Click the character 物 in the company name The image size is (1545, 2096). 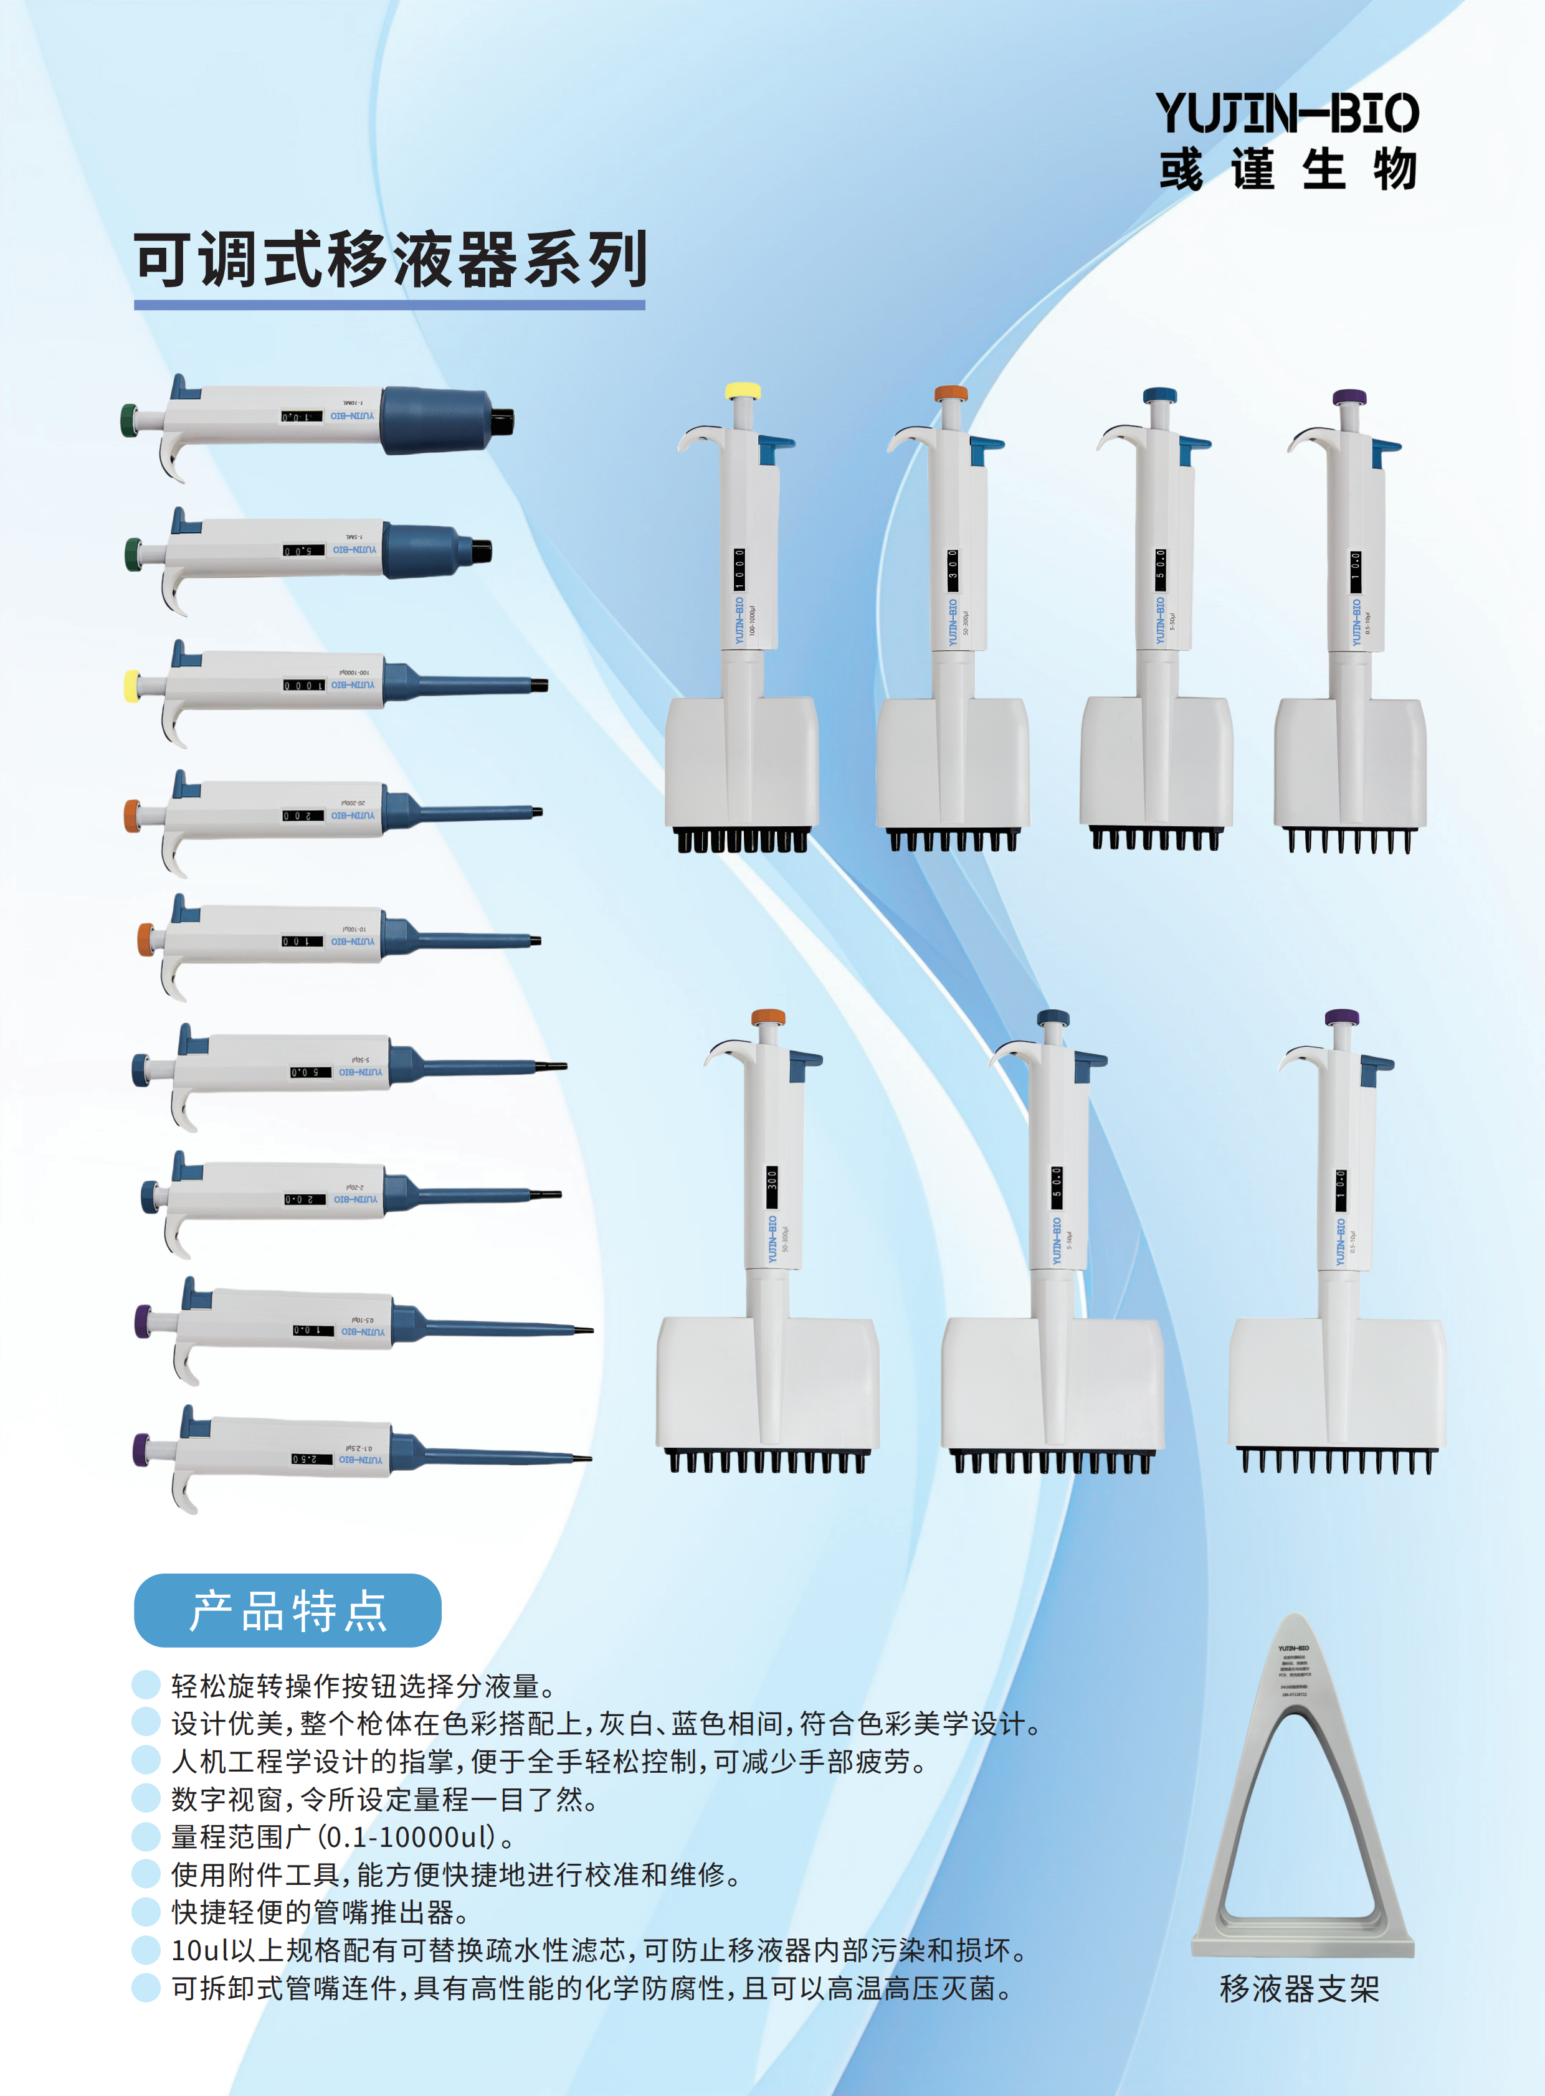tap(1394, 170)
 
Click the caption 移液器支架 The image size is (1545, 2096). tap(1299, 1988)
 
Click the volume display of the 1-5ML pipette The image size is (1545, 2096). tap(304, 550)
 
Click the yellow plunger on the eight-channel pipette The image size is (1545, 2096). tap(743, 391)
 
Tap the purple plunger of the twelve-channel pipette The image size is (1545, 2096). tap(1342, 1016)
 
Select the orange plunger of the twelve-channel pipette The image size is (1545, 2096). tap(768, 1016)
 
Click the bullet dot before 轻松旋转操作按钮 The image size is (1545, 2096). tap(146, 1684)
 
